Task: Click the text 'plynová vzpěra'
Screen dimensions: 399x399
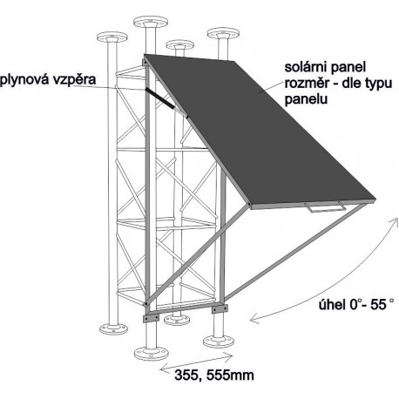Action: coord(48,79)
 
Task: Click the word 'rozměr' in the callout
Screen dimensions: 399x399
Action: coord(306,84)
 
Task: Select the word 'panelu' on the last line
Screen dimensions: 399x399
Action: coord(306,99)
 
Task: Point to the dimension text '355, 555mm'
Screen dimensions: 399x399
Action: coord(214,375)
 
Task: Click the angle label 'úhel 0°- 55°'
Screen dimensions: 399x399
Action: coord(356,305)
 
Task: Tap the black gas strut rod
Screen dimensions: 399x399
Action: coord(160,98)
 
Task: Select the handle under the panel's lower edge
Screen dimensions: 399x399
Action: coord(325,207)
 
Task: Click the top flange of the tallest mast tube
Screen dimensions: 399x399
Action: coord(151,22)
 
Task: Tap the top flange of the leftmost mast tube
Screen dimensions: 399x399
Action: coord(112,37)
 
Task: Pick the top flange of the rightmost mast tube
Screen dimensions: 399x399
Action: coord(223,34)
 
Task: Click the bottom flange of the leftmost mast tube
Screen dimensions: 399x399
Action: coord(113,328)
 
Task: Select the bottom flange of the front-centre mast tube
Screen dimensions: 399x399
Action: coord(151,353)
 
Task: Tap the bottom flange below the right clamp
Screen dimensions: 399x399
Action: coord(219,342)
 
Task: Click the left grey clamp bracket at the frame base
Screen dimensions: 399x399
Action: coord(151,318)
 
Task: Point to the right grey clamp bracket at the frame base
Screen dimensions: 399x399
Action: coord(220,309)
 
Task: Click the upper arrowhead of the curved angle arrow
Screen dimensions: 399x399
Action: coord(396,221)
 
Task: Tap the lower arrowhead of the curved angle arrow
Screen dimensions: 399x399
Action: coord(254,320)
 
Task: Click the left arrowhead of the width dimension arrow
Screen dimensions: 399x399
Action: coord(164,369)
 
